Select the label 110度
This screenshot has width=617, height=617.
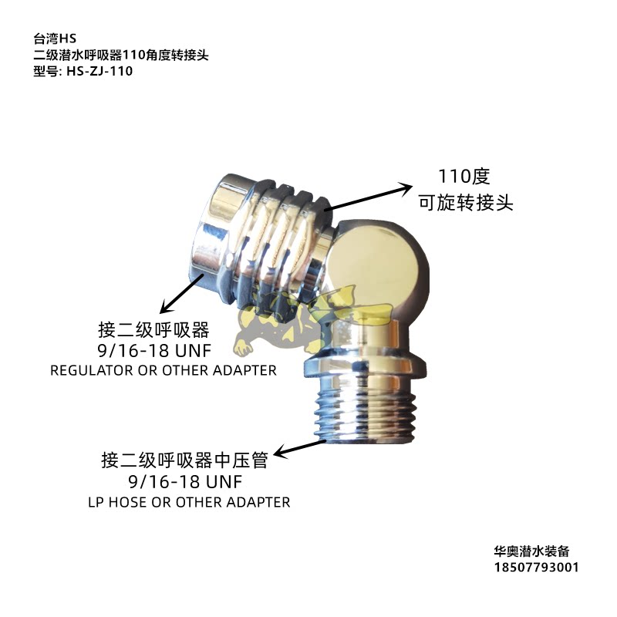[x=464, y=177]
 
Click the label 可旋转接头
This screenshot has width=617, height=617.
[x=466, y=204]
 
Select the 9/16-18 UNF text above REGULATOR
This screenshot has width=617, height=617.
[x=163, y=351]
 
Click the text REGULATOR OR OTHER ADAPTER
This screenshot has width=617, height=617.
[x=163, y=370]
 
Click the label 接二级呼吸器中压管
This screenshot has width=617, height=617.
[x=184, y=460]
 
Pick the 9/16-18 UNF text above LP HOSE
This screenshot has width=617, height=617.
[x=184, y=482]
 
